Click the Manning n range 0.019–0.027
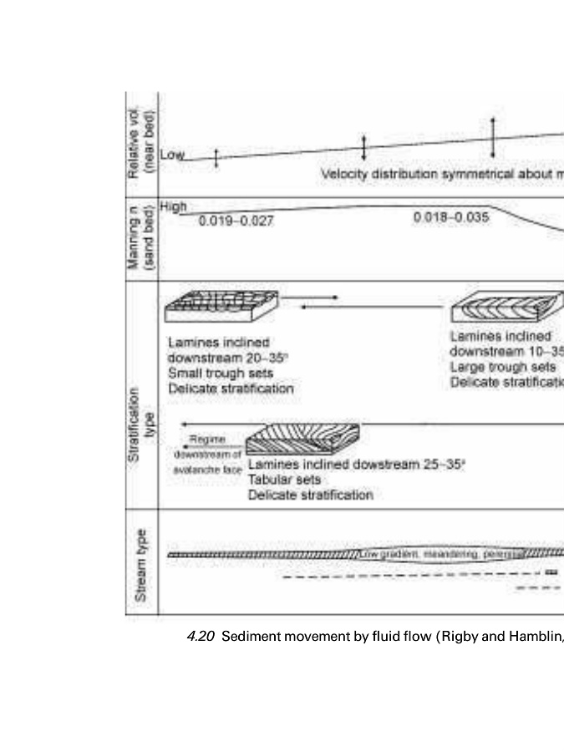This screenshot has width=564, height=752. (x=236, y=221)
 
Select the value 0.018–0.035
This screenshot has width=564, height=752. (x=451, y=217)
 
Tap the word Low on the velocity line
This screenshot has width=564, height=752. (x=171, y=155)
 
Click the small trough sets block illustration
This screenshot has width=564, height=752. (x=221, y=307)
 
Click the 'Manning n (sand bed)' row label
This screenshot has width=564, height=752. (x=139, y=239)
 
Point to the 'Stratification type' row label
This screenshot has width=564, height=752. (x=140, y=394)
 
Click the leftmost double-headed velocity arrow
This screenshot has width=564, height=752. (x=216, y=158)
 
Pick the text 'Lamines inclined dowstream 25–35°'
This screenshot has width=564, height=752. (x=356, y=465)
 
